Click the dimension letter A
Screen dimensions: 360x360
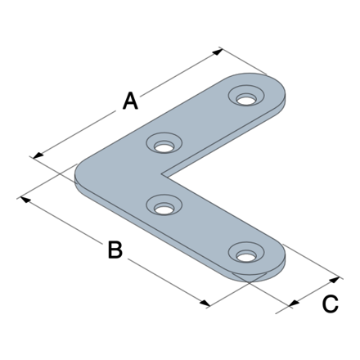tap(130, 101)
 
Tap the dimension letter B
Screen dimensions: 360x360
tap(115, 250)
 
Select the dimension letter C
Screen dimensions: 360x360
tap(329, 304)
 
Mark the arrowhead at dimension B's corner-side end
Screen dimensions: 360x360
tap(23, 197)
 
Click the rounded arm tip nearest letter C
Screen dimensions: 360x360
tap(278, 262)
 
